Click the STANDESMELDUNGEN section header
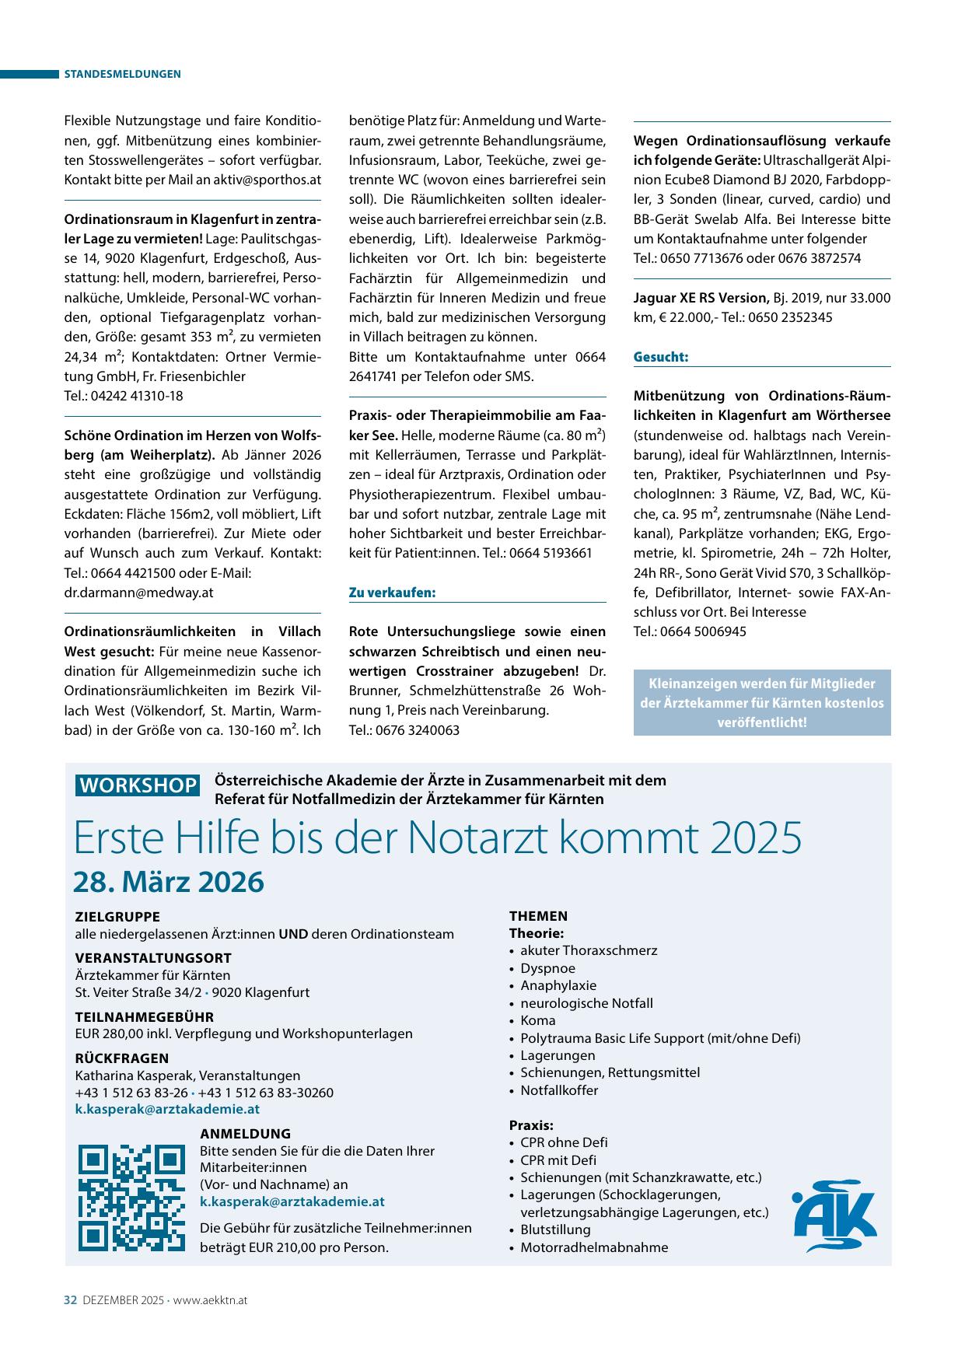tap(122, 74)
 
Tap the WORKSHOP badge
tap(138, 785)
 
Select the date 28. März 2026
tap(169, 883)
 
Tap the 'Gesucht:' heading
tap(661, 357)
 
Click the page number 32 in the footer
tap(70, 1300)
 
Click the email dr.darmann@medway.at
tap(138, 592)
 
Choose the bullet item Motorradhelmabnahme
tap(594, 1247)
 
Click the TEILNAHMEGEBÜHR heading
tap(144, 1016)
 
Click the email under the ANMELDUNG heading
tap(292, 1201)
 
